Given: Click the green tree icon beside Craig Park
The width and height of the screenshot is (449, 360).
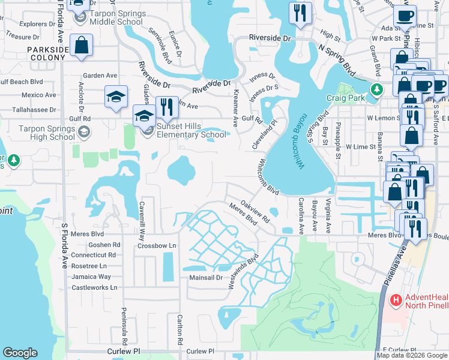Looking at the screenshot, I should coord(376,90).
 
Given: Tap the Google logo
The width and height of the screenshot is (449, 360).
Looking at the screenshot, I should coord(20,353).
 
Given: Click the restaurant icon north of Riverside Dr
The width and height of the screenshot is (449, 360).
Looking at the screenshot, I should coord(298,12).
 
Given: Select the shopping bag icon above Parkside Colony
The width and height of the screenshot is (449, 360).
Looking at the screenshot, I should coord(80,46).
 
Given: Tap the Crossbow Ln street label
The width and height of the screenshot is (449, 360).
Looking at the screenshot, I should coord(157,245).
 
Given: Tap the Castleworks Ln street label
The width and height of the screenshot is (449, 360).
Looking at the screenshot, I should coord(91,288).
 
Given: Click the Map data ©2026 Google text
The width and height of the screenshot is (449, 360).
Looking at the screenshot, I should coord(412,355).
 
